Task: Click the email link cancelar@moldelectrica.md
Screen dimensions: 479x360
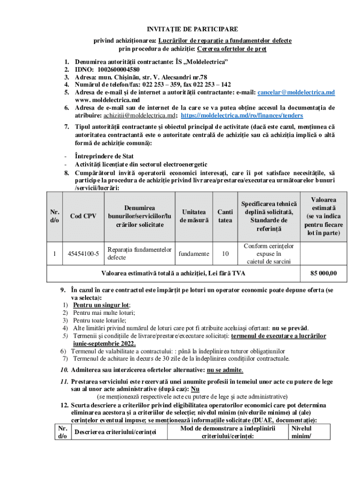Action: (x=296, y=92)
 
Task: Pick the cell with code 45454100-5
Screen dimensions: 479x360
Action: (x=83, y=254)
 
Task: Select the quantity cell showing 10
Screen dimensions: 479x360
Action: (x=225, y=254)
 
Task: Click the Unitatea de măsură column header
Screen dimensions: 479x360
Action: (x=193, y=216)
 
